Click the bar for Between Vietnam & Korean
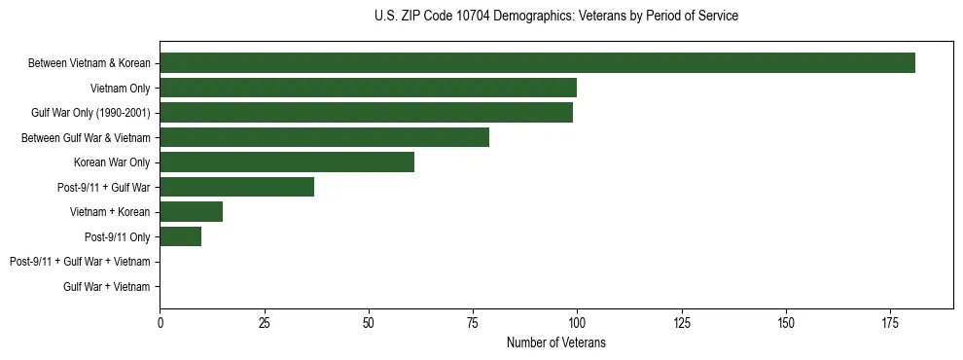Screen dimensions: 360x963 (537, 63)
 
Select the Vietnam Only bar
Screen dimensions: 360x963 (368, 88)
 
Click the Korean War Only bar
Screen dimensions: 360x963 (287, 162)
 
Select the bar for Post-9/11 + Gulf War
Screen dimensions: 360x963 (236, 187)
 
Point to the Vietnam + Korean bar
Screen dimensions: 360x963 (191, 211)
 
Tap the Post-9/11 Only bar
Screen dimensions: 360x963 (180, 236)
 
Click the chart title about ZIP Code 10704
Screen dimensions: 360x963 (555, 17)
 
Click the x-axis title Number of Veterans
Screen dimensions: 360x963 (555, 342)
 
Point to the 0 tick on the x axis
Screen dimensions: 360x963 (160, 322)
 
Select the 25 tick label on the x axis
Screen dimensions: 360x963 (264, 322)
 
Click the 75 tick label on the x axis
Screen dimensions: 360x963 (473, 322)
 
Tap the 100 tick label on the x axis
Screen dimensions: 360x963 (577, 322)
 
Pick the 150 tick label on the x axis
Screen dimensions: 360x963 (785, 322)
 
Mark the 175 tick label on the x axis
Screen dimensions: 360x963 (889, 322)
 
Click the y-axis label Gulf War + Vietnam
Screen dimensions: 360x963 (107, 286)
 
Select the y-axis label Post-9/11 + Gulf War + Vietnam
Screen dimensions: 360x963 (80, 262)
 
